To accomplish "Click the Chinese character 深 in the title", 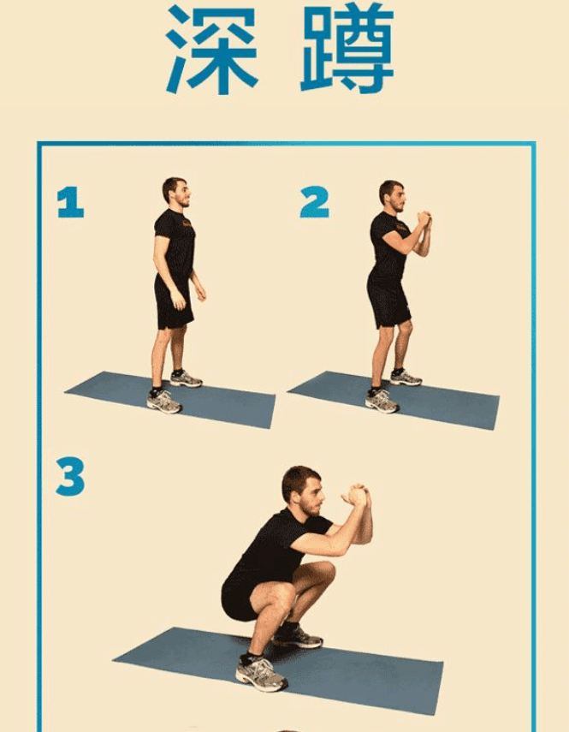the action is coord(212,50).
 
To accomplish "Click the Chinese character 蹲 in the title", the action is coord(347,49).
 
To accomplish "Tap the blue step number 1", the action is coord(70,202).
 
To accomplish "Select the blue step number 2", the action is coord(314,202).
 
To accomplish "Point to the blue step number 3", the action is coord(70,476).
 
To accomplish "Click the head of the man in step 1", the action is coord(175,192).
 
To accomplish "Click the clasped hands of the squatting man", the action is coord(357,495).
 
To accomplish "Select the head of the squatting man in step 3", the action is coord(303,491).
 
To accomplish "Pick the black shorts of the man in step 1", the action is coord(173,301).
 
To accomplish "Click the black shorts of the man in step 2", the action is coord(388,301).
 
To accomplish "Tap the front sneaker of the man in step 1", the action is coord(163,401).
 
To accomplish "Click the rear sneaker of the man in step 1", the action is coord(186,378).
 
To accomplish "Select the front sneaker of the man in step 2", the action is coord(382,401).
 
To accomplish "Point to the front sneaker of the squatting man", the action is coord(261,673).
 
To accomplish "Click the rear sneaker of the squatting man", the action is coord(299,636).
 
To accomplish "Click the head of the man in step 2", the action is coord(392,195).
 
